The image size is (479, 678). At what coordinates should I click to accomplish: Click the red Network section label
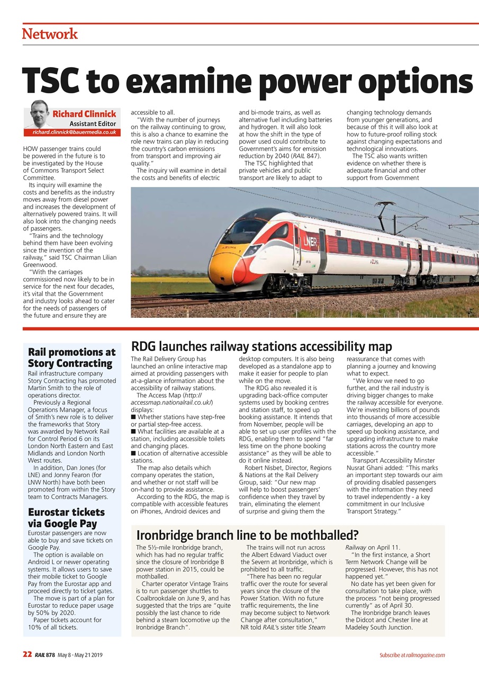[x=50, y=34]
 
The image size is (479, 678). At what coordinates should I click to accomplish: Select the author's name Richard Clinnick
[x=84, y=114]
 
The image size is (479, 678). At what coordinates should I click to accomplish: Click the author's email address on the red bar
[x=74, y=131]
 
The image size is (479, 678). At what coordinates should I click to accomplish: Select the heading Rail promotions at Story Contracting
[x=71, y=358]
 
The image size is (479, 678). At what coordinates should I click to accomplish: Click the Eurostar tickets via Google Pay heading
[x=66, y=518]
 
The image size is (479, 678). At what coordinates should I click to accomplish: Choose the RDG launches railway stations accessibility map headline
[x=261, y=347]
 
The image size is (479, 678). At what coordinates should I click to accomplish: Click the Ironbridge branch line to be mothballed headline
[x=247, y=534]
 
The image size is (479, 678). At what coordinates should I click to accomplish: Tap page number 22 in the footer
[x=28, y=655]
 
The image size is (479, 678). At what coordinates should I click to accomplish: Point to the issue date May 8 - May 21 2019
[x=80, y=655]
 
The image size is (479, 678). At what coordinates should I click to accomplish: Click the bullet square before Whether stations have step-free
[x=133, y=417]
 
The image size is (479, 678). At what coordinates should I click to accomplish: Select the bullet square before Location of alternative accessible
[x=133, y=453]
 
